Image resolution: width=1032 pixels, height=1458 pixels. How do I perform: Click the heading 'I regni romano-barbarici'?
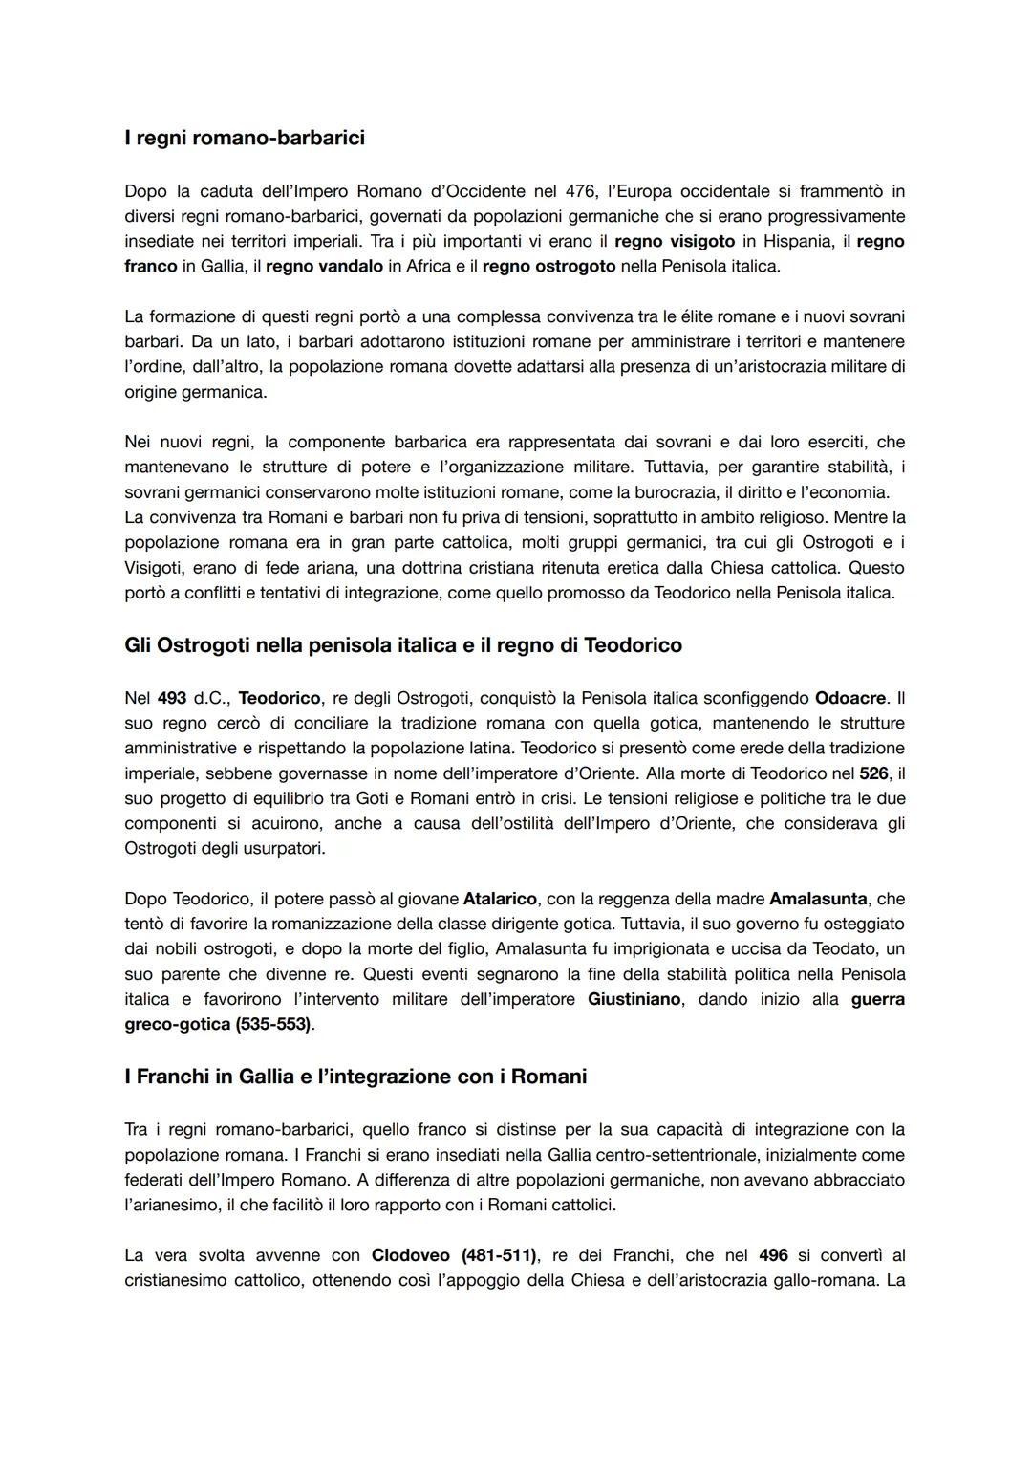pyautogui.click(x=245, y=138)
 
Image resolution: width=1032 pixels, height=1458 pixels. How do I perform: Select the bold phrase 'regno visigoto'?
pyautogui.click(x=674, y=241)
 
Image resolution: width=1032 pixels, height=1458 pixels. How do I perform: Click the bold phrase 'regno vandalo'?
pyautogui.click(x=324, y=266)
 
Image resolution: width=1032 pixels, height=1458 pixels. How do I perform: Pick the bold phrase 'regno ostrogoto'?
pyautogui.click(x=548, y=266)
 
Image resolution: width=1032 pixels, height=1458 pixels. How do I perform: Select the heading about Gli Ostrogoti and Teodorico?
pyautogui.click(x=403, y=645)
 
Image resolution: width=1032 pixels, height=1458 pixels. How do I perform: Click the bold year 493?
pyautogui.click(x=172, y=698)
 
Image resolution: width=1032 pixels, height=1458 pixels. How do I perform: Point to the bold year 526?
pyautogui.click(x=873, y=773)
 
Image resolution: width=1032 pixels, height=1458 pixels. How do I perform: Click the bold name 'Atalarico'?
pyautogui.click(x=500, y=899)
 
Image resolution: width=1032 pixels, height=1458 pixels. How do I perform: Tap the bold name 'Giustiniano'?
pyautogui.click(x=634, y=999)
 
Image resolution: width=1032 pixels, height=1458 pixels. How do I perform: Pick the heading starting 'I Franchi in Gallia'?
pyautogui.click(x=355, y=1077)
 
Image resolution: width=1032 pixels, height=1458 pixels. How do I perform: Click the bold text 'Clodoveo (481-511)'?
pyautogui.click(x=454, y=1254)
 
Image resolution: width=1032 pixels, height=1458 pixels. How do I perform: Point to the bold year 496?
pyautogui.click(x=774, y=1254)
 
